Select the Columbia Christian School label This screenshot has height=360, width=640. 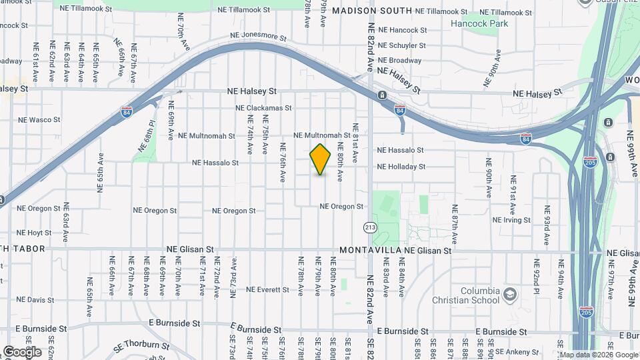click(x=480, y=295)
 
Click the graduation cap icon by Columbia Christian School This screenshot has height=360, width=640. click(x=510, y=294)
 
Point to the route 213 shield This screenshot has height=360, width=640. click(x=370, y=228)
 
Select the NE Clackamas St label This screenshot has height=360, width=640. click(x=263, y=107)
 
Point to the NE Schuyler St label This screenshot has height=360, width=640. click(x=401, y=45)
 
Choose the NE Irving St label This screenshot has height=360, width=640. click(x=512, y=220)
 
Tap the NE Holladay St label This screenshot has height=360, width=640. click(x=401, y=167)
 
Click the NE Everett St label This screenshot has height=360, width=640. click(x=267, y=290)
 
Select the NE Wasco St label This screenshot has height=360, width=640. click(x=39, y=120)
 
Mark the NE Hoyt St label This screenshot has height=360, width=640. click(x=34, y=233)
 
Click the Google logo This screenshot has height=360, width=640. click(x=22, y=351)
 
